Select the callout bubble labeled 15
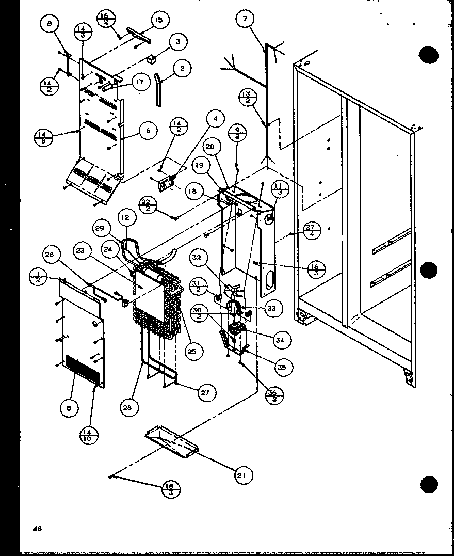(159, 21)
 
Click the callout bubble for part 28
(127, 407)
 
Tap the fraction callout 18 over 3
(170, 488)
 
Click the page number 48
(38, 528)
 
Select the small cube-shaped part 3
(151, 60)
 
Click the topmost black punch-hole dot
(429, 55)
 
